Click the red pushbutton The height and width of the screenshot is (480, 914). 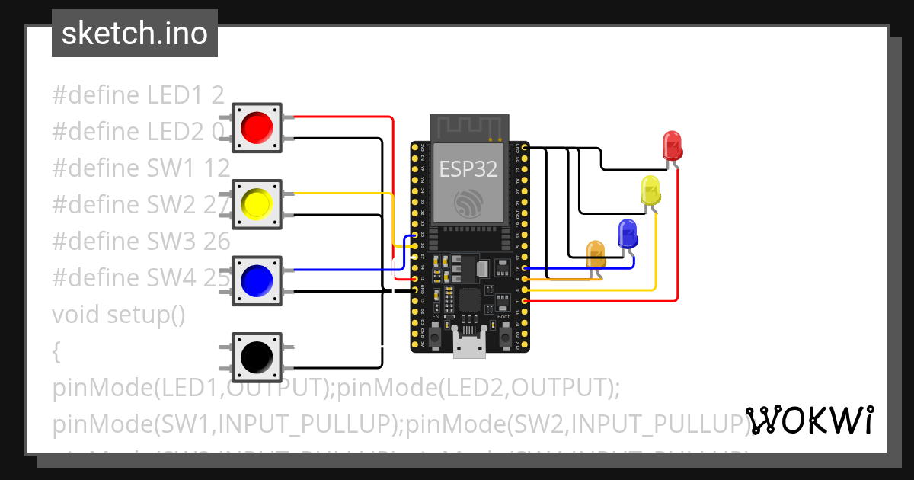[257, 127]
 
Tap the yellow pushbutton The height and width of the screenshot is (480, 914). [257, 203]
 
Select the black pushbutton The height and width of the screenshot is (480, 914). [257, 356]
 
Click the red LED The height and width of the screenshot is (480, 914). [672, 145]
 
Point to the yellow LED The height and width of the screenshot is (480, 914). [650, 190]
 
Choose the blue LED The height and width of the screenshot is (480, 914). [628, 233]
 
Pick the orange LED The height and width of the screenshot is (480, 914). [595, 254]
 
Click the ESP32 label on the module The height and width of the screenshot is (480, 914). [468, 169]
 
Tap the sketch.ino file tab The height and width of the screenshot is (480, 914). [135, 34]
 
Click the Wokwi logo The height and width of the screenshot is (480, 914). [809, 420]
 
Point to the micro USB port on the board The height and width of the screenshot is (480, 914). [469, 344]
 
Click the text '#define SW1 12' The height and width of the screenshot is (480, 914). [141, 168]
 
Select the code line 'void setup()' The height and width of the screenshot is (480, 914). [119, 314]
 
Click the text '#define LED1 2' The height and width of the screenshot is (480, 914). [138, 94]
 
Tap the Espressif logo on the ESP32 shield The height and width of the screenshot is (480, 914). [468, 203]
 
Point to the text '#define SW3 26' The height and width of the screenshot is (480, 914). [141, 241]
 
